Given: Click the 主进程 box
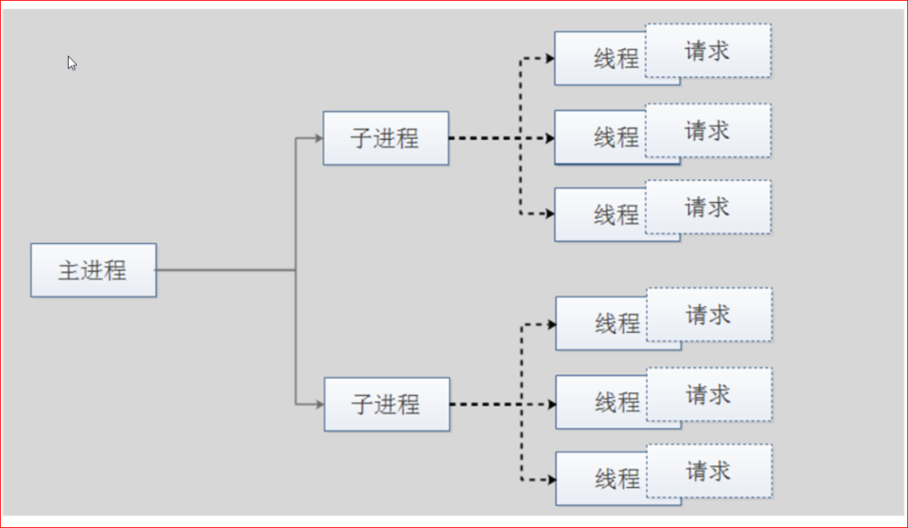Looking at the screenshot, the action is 93,270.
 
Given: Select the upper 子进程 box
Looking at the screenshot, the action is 385,138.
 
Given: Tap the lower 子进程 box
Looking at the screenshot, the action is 387,404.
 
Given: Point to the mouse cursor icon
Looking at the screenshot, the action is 72,63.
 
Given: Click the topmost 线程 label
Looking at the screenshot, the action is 616,59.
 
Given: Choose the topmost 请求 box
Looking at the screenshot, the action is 708,51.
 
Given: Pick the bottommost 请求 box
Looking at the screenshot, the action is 709,471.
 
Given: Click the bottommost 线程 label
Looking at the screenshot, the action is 618,480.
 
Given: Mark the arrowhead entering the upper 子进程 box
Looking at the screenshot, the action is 318,138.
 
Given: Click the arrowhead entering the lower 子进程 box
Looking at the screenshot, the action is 320,404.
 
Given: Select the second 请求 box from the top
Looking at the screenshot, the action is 708,130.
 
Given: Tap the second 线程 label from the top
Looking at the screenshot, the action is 616,138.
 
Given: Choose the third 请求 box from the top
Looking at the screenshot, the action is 708,207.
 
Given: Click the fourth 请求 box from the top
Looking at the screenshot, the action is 709,314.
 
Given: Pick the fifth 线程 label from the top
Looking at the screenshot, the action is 618,402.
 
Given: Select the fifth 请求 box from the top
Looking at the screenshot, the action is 709,394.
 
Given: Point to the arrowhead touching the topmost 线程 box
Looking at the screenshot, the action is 551,58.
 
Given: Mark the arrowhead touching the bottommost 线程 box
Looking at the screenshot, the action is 551,480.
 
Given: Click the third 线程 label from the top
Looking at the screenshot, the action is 616,215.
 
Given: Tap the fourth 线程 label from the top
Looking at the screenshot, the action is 618,323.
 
